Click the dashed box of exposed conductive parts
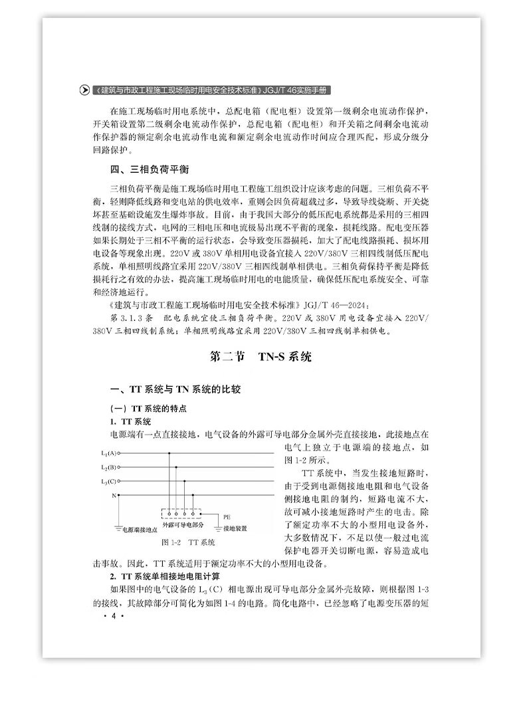[x=181, y=513]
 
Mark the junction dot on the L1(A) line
[x=169, y=454]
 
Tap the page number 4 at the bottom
[x=114, y=617]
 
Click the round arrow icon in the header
[x=84, y=90]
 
